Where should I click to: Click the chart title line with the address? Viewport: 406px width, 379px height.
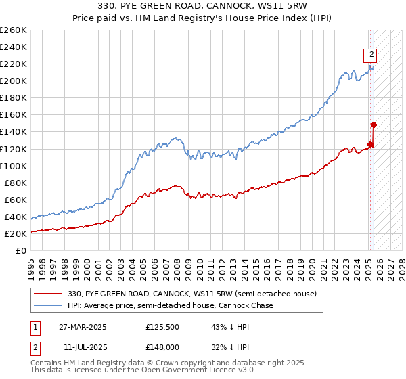click(203, 6)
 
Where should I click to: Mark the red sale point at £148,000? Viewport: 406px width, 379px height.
click(374, 125)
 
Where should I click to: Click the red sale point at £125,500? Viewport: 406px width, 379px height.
click(371, 143)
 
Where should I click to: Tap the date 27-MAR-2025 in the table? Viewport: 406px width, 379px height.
click(83, 328)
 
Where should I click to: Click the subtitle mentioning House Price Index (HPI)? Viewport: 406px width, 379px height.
click(203, 18)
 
